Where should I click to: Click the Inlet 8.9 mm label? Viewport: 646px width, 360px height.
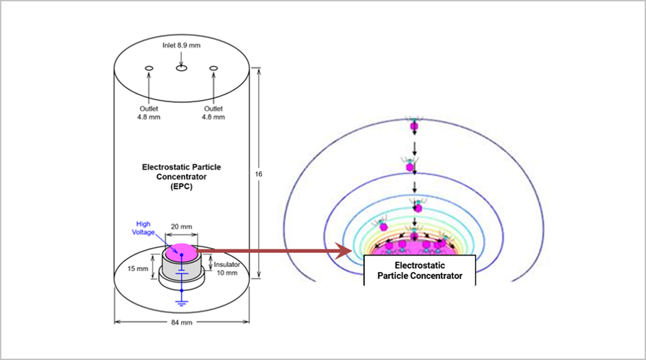click(181, 45)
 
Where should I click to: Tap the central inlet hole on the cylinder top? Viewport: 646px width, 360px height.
click(181, 68)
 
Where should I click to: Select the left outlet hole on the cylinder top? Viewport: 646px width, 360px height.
click(149, 68)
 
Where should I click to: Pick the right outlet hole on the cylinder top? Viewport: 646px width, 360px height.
click(214, 68)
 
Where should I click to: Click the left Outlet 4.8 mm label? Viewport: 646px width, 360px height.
click(149, 113)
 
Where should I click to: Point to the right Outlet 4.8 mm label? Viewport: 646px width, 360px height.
click(214, 113)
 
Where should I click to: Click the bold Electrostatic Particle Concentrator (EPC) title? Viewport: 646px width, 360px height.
click(181, 177)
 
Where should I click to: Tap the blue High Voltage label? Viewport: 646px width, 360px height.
click(143, 228)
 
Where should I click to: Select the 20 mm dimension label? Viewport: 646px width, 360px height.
click(181, 227)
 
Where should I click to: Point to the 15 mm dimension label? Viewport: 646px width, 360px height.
click(138, 268)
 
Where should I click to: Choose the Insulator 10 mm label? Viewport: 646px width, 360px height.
click(226, 268)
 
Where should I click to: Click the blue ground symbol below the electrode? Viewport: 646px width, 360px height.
click(181, 303)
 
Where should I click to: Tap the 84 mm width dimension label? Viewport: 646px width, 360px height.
click(181, 322)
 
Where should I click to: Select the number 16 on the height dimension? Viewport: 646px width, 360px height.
click(258, 174)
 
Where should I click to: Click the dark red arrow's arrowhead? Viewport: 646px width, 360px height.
click(343, 251)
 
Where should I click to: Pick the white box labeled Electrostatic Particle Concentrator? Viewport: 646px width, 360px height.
click(420, 271)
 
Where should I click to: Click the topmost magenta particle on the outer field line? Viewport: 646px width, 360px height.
click(414, 126)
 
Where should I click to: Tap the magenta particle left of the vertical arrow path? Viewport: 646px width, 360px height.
click(383, 227)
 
